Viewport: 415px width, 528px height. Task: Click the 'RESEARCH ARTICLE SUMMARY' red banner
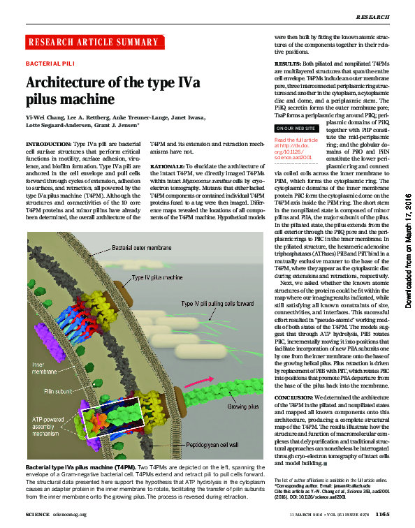pyautogui.click(x=95, y=43)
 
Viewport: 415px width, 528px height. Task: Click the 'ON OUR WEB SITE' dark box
pyautogui.click(x=293, y=129)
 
